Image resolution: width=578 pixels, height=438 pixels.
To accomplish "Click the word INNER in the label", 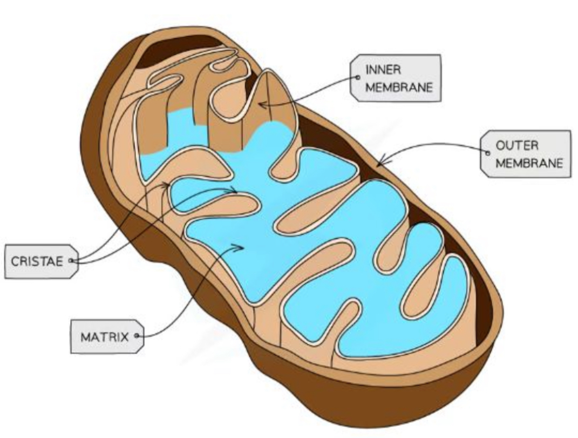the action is tap(383, 70).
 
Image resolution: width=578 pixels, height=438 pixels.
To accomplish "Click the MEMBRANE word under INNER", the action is tap(399, 87).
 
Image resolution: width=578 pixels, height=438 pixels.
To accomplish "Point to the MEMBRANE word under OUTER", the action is tap(529, 163).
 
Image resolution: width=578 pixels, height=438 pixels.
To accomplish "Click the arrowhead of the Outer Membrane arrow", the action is tap(379, 163).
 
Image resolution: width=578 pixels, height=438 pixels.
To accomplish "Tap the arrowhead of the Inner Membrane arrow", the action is tap(260, 103).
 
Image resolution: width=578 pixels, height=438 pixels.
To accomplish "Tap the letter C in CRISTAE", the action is tap(15, 261).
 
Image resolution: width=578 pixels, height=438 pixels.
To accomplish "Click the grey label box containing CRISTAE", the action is tap(40, 261).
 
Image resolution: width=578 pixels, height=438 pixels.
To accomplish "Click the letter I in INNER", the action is tap(367, 70).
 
